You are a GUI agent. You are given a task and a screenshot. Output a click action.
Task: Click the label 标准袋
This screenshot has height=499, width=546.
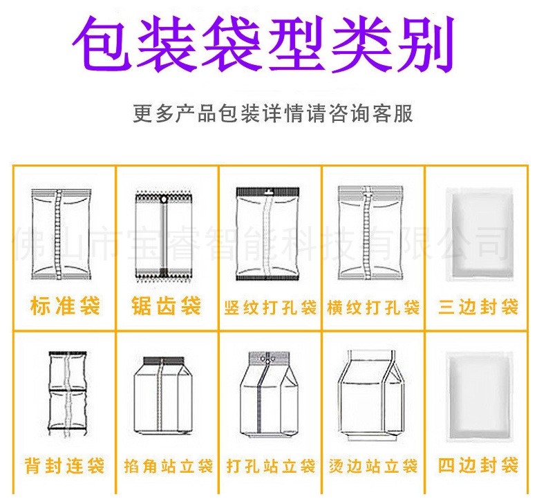coord(65,305)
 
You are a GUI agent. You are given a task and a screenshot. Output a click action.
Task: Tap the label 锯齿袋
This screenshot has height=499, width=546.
coord(167,305)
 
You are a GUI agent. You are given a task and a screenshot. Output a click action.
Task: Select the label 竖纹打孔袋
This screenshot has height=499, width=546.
coord(270,306)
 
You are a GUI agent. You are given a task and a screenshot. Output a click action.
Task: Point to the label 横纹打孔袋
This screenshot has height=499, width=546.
coord(373,306)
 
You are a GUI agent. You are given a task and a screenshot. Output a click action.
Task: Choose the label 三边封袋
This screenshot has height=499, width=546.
coord(478,306)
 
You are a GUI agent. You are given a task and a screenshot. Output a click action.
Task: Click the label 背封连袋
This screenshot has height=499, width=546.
coord(65,465)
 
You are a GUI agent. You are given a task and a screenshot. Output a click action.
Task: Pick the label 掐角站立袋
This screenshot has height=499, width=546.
coord(167,467)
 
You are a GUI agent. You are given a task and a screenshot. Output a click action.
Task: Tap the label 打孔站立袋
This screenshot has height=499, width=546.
coord(270,467)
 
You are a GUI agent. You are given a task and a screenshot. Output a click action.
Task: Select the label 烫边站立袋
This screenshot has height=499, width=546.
coord(373,467)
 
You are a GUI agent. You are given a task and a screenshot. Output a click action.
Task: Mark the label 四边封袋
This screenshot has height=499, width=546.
coord(478,465)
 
